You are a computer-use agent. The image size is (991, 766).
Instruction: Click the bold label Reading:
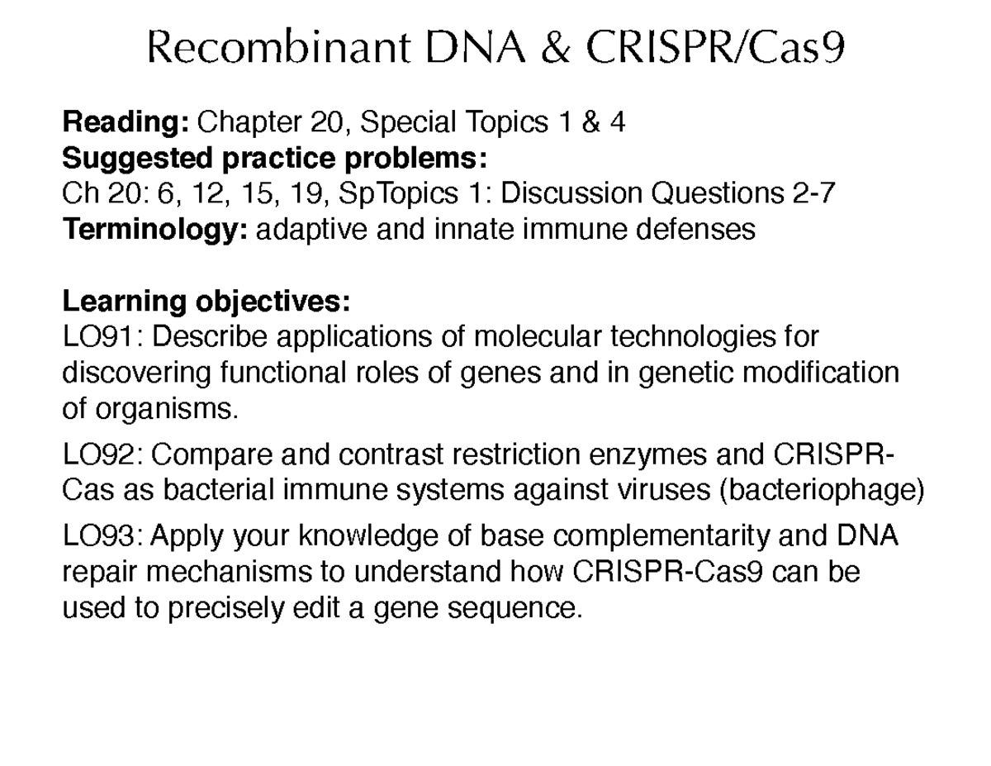coord(126,123)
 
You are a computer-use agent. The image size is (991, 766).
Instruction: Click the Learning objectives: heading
coord(206,302)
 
